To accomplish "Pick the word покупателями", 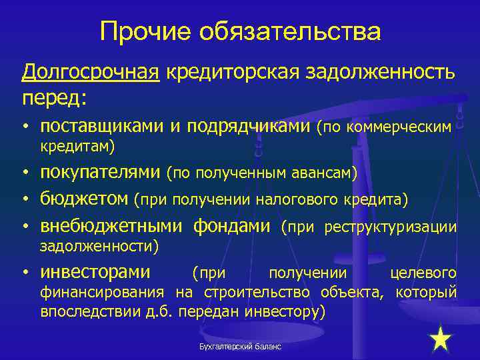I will (101, 173).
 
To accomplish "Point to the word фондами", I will (231, 227).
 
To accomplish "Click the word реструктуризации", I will (390, 227).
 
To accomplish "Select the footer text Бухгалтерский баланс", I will (240, 347).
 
